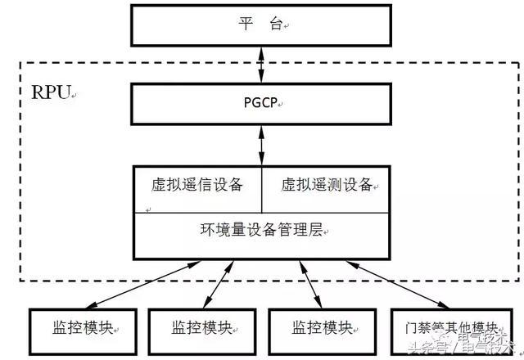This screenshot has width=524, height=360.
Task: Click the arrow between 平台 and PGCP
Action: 262,64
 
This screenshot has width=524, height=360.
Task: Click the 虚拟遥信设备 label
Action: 198,184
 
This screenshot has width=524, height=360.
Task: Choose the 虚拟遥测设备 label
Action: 326,184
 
